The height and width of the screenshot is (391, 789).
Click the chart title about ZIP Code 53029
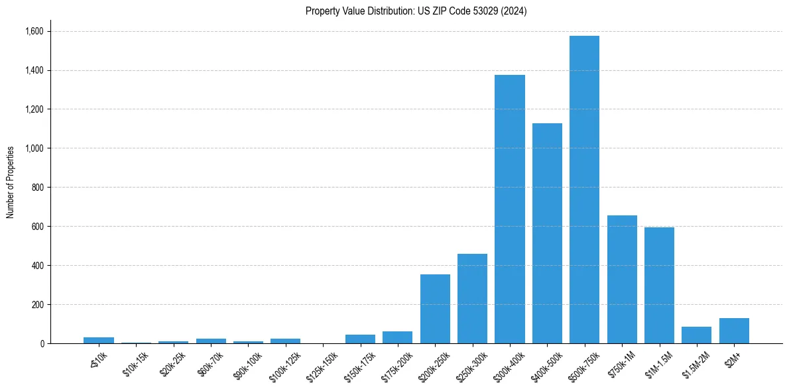(416, 11)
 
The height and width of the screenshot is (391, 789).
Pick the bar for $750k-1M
(622, 279)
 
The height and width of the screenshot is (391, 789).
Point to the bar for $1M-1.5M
(659, 285)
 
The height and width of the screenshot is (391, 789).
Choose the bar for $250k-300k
(472, 298)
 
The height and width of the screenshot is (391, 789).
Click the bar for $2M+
(734, 331)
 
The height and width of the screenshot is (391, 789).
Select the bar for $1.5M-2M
(696, 335)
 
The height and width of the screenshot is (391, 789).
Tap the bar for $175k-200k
(397, 337)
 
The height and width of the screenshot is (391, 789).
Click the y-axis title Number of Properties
(11, 182)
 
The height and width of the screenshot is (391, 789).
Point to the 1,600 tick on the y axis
(34, 31)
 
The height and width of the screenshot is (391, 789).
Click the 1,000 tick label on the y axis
(34, 148)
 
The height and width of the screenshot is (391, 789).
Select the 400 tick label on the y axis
(37, 266)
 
